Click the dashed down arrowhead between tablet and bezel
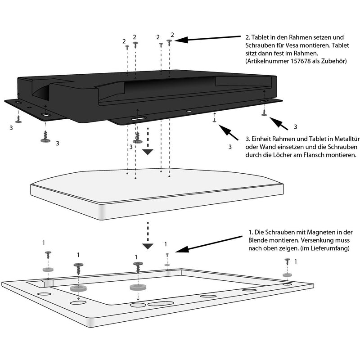147,246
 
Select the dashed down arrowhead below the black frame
147,152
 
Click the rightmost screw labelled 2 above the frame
170,41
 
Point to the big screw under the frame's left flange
45,136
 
